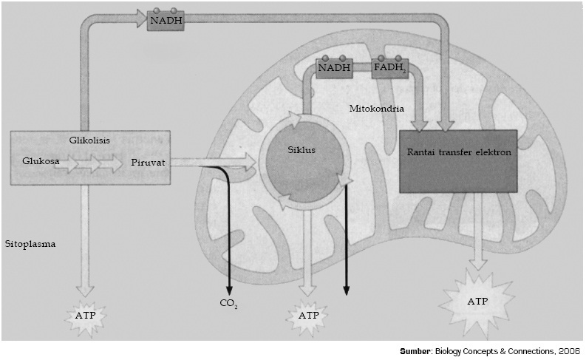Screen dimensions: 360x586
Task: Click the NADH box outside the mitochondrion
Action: pos(165,20)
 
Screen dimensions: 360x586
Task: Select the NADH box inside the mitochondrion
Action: pos(333,68)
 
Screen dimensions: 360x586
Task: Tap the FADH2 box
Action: pos(389,68)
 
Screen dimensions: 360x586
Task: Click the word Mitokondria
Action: pos(376,108)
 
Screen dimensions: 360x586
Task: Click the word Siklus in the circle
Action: pos(301,149)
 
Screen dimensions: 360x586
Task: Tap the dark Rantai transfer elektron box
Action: pos(457,160)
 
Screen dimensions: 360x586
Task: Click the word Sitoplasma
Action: pos(30,242)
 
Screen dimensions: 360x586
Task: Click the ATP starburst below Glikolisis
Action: pos(86,316)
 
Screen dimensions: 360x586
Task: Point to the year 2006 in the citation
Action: pos(569,350)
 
